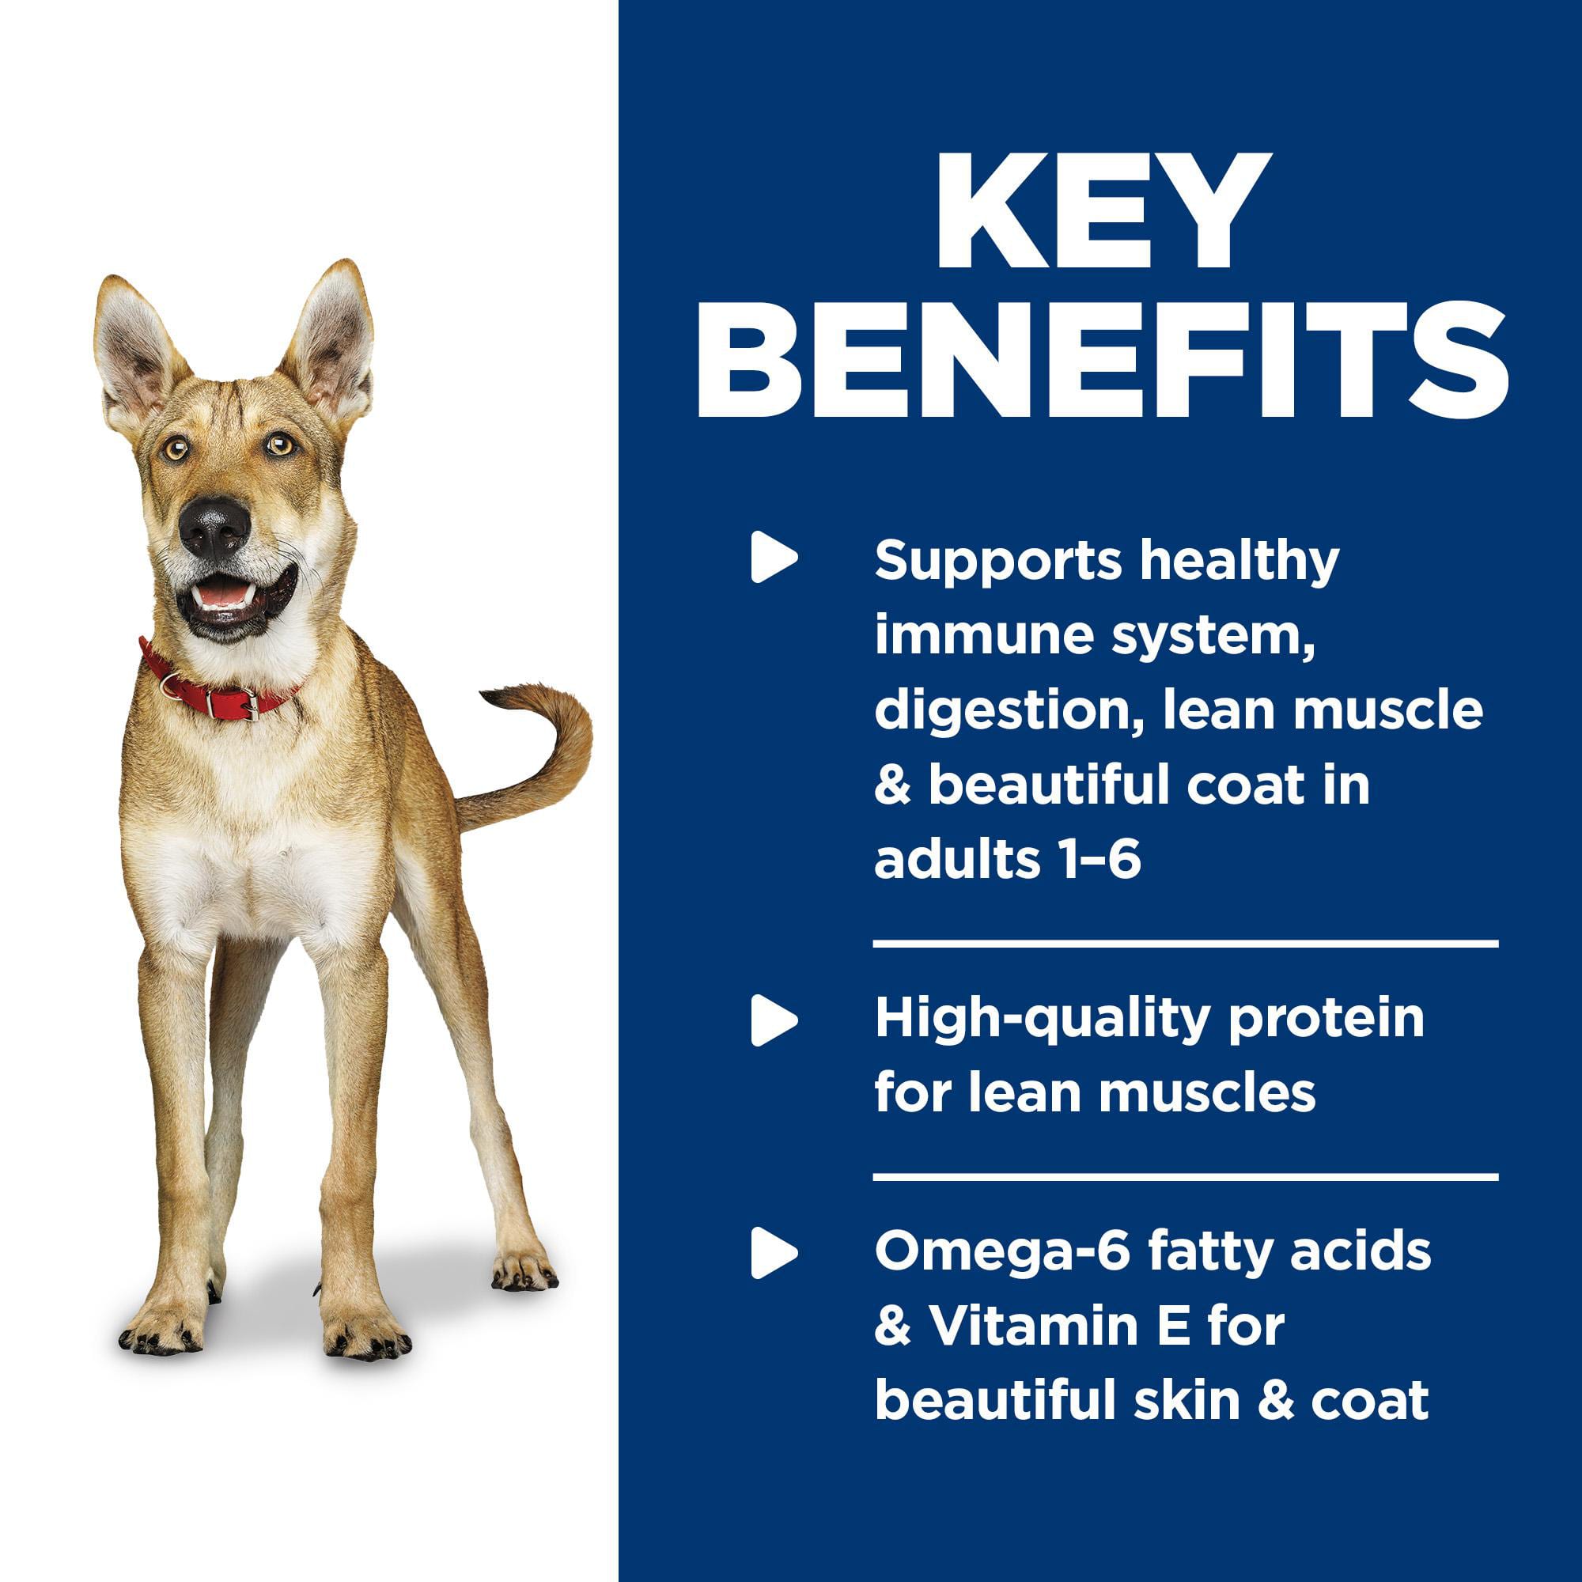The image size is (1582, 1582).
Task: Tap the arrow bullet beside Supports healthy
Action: tap(774, 557)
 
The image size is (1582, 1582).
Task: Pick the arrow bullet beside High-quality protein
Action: tap(774, 1020)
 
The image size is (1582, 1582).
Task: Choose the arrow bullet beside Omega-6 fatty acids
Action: tap(774, 1253)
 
